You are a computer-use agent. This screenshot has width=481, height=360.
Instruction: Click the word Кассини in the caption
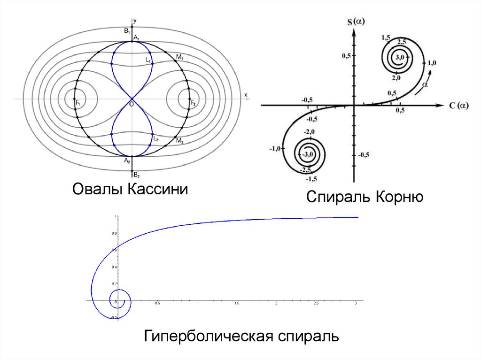tap(157, 191)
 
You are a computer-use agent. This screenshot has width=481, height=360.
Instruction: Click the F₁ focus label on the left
tap(77, 102)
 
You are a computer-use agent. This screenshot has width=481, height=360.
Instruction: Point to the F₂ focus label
tap(193, 102)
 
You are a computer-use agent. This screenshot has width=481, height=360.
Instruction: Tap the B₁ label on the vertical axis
tap(126, 31)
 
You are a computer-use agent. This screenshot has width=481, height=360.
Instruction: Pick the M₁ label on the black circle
tap(179, 57)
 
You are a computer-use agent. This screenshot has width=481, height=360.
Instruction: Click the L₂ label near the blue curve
tap(155, 139)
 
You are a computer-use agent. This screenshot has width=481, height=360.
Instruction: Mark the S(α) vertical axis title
tap(357, 21)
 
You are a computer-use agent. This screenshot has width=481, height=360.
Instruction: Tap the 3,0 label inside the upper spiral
tap(400, 57)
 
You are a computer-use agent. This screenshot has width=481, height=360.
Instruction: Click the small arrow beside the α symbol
tap(428, 77)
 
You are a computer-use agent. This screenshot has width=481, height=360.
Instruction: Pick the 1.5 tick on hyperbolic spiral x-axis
tap(236, 304)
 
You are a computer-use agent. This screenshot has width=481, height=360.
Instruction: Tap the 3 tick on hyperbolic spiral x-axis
tap(356, 304)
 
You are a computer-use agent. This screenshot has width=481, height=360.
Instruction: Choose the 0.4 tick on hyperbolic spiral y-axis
tap(114, 267)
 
